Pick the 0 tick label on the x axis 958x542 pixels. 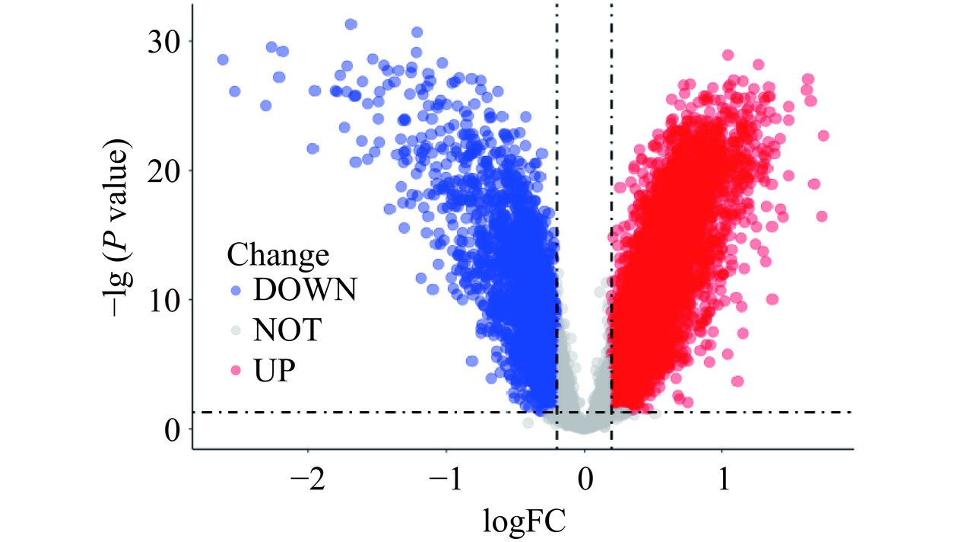coord(585,482)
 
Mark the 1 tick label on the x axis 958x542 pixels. coord(722,482)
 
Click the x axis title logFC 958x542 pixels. coord(524,522)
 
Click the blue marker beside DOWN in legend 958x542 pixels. coord(235,290)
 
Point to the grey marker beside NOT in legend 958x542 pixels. coord(235,330)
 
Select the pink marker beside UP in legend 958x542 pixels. coord(235,371)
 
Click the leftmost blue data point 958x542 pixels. coord(223,59)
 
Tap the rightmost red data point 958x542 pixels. coord(823,135)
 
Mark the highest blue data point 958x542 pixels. coord(351,24)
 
